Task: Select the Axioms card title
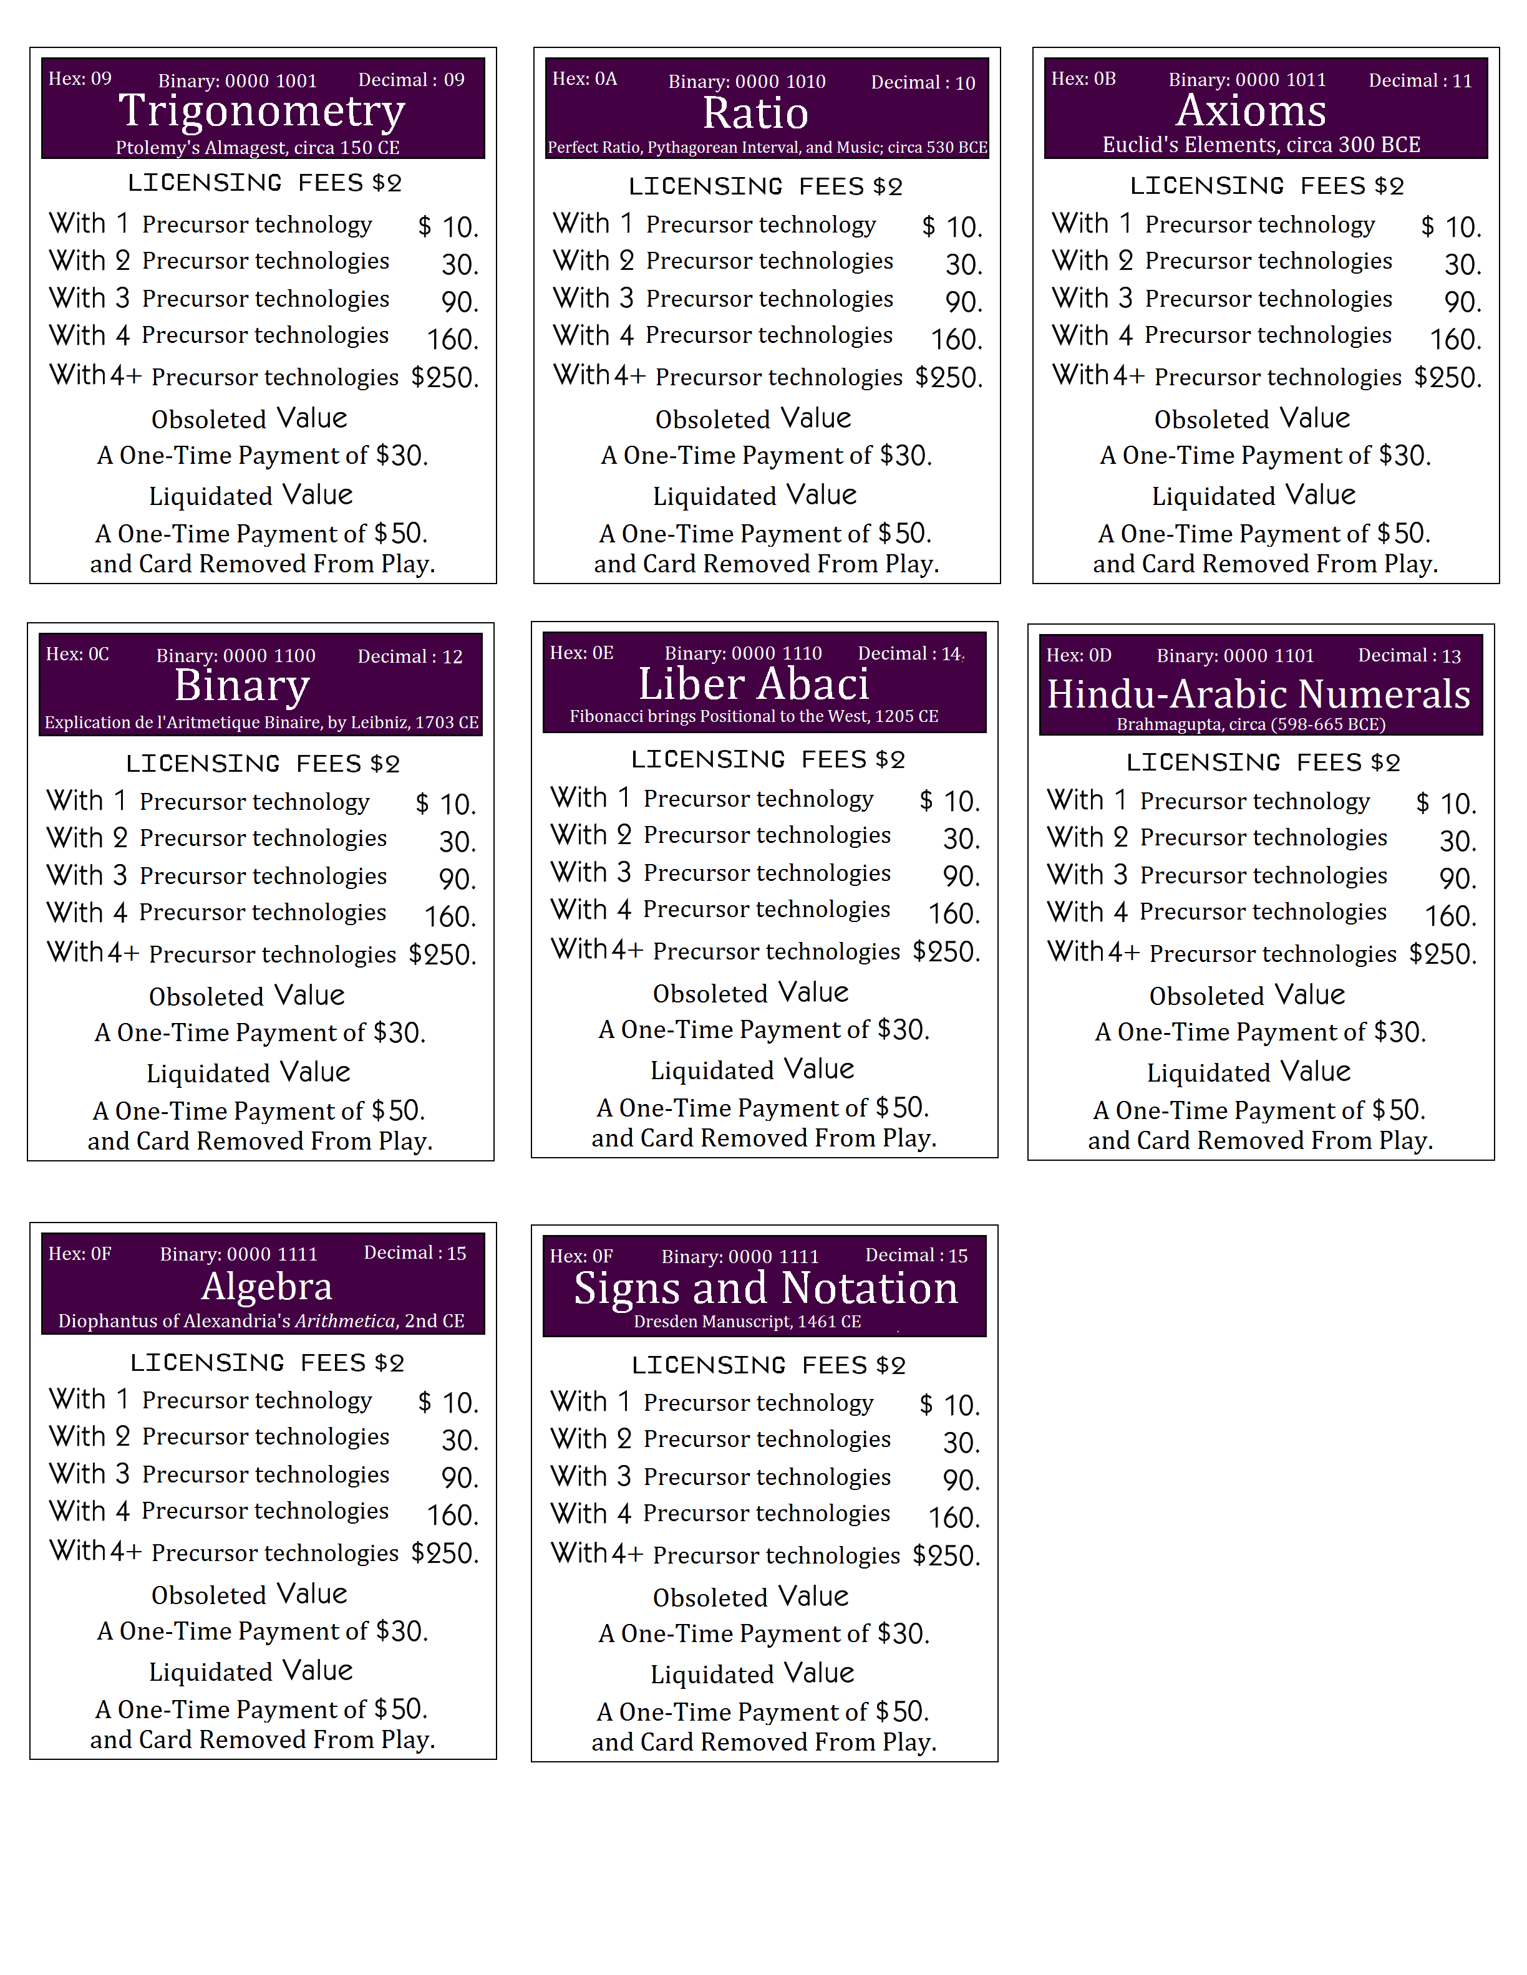pyautogui.click(x=1251, y=111)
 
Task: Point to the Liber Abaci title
pyautogui.click(x=754, y=684)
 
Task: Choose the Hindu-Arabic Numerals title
pyautogui.click(x=1258, y=694)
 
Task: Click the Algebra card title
pyautogui.click(x=267, y=1286)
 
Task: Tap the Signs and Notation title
pyautogui.click(x=765, y=1288)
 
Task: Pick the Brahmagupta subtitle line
pyautogui.click(x=1251, y=724)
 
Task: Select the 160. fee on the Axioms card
pyautogui.click(x=1455, y=340)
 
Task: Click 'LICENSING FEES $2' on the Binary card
pyautogui.click(x=263, y=764)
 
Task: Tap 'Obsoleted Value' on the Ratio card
pyautogui.click(x=753, y=419)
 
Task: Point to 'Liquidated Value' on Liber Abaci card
pyautogui.click(x=752, y=1070)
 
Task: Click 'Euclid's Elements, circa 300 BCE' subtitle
pyautogui.click(x=1261, y=145)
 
